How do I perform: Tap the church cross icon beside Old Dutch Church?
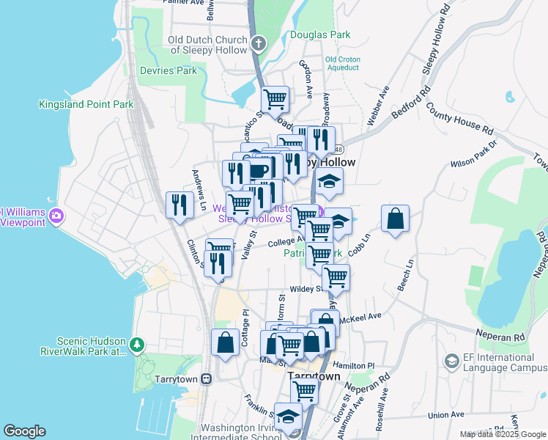coord(257,44)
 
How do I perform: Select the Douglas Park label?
coord(320,34)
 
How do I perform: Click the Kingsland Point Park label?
coord(86,104)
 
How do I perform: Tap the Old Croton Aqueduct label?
coord(342,63)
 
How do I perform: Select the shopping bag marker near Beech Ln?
coord(395,219)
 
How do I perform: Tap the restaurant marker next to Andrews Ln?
coord(179,205)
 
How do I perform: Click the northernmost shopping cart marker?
coord(275,99)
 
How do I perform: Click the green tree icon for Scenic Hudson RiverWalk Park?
coord(136,344)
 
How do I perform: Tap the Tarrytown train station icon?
coord(207,379)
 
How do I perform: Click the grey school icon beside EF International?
coord(452,361)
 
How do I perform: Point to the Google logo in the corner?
coord(24,431)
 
